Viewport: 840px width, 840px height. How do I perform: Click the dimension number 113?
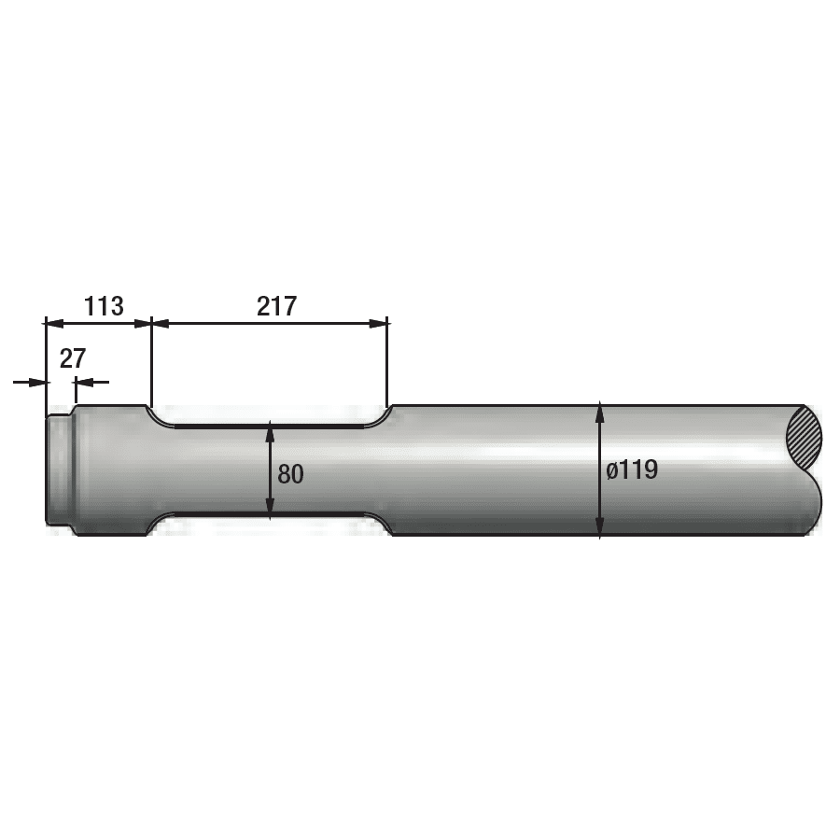pyautogui.click(x=104, y=306)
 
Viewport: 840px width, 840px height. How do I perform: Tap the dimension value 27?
pyautogui.click(x=73, y=358)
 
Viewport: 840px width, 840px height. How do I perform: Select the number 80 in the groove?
pyautogui.click(x=290, y=474)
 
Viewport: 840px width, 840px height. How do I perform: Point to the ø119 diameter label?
pyautogui.click(x=632, y=470)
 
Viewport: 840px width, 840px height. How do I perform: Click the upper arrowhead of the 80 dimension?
pyautogui.click(x=271, y=430)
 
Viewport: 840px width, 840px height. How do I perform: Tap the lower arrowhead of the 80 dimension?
pyautogui.click(x=271, y=509)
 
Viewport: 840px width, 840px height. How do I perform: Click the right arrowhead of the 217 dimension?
pyautogui.click(x=379, y=323)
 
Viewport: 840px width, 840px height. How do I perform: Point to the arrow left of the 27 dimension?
pyautogui.click(x=33, y=381)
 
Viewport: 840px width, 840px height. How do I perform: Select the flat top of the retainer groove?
pyautogui.click(x=271, y=427)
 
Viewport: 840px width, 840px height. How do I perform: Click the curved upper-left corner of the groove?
pyautogui.click(x=159, y=417)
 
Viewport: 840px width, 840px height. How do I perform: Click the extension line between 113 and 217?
pyautogui.click(x=151, y=364)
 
